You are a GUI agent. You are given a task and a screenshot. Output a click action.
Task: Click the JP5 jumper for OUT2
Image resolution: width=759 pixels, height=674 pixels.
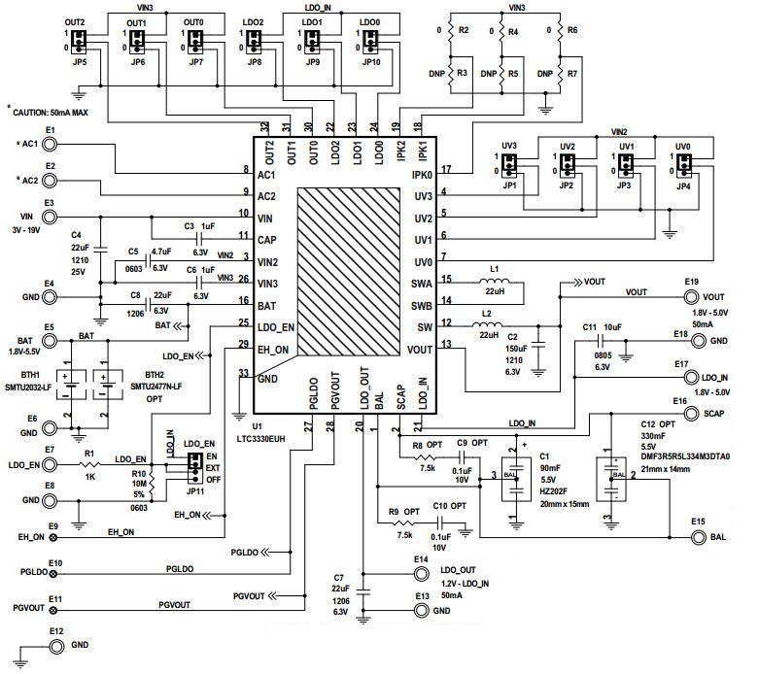point(81,42)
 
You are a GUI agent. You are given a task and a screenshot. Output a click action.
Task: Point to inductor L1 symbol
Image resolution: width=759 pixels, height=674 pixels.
point(495,287)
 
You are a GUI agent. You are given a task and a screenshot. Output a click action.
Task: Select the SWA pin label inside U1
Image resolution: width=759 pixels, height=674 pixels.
point(420,284)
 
